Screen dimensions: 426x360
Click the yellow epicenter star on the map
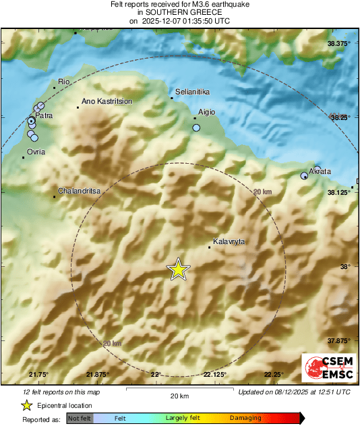point(178,269)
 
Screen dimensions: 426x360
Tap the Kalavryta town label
point(229,241)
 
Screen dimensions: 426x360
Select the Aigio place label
point(206,113)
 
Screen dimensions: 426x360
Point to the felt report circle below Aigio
point(196,127)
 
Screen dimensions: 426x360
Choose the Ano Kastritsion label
point(107,101)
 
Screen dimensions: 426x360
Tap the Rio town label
point(65,82)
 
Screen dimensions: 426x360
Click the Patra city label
point(44,116)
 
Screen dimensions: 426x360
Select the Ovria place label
point(36,152)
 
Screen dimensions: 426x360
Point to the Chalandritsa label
point(80,191)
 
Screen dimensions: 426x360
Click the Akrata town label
point(320,171)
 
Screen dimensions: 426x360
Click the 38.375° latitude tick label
point(339,43)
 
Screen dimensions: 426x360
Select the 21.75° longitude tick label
point(39,375)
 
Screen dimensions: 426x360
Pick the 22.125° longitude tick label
point(215,375)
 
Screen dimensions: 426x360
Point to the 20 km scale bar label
point(179,395)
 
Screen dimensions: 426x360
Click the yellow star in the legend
point(27,405)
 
